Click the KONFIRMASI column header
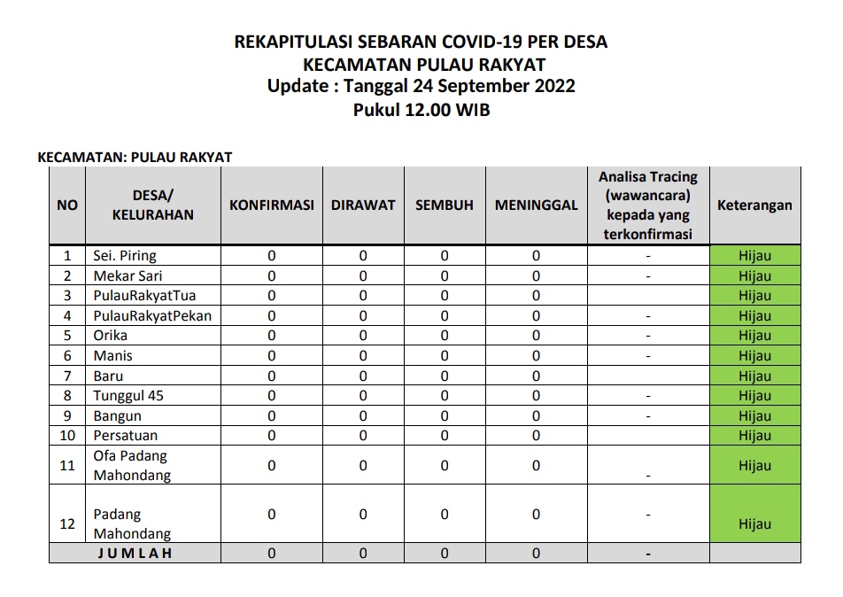click(272, 205)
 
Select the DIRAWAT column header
click(363, 205)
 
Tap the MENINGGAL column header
click(536, 205)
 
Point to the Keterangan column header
click(754, 205)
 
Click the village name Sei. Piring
click(125, 256)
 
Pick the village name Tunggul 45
click(128, 396)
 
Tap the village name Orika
click(111, 336)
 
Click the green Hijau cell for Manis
click(754, 356)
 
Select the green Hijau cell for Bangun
click(754, 416)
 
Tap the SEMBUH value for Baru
click(445, 376)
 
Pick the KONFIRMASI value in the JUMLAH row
click(272, 554)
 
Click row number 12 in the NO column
click(67, 523)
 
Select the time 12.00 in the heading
click(428, 110)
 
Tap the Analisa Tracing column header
click(648, 205)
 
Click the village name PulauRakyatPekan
click(152, 316)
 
